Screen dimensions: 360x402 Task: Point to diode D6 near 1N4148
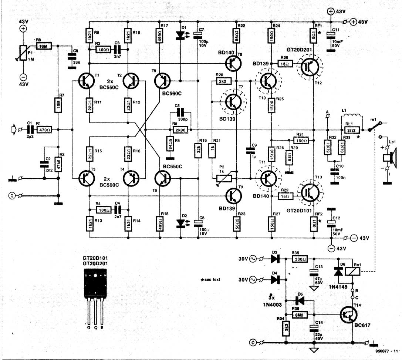337,271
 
